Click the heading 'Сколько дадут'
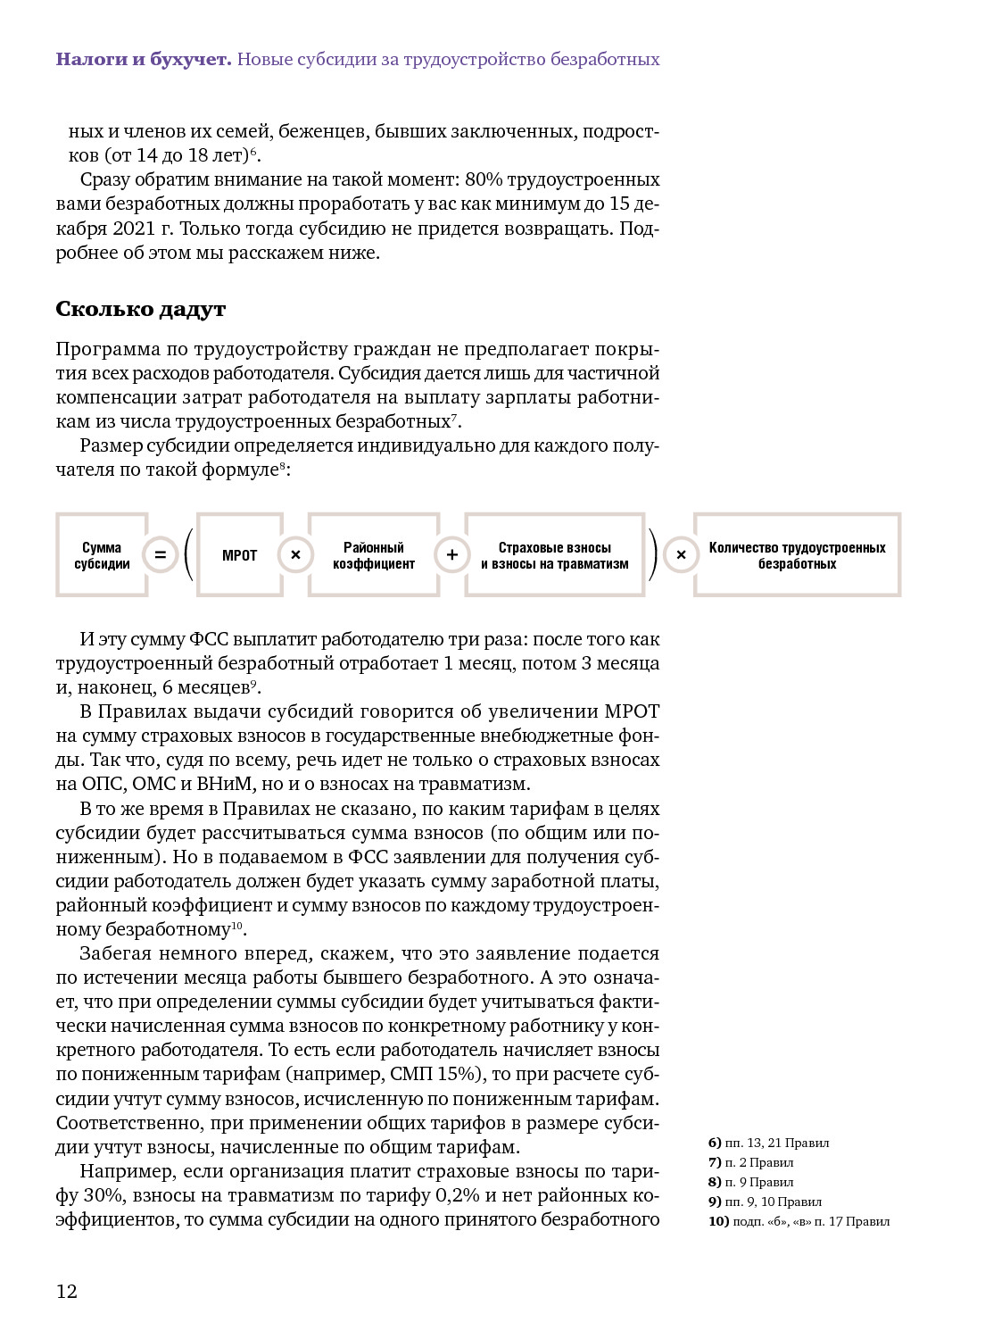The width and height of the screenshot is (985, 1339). click(140, 309)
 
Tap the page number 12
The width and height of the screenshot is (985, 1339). click(67, 1291)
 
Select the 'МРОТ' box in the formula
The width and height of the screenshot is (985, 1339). click(239, 555)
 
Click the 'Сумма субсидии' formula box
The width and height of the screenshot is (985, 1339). click(102, 555)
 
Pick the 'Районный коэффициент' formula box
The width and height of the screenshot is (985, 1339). click(373, 555)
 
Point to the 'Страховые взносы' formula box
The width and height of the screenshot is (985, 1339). click(554, 555)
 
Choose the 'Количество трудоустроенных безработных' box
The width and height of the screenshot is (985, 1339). click(797, 555)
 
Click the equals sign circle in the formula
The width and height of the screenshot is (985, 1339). click(161, 555)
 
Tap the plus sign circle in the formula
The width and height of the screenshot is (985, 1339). click(452, 555)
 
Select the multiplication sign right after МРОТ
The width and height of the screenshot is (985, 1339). click(296, 555)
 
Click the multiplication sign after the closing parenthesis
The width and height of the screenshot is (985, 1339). click(681, 555)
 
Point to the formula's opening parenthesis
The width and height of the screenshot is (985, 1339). click(187, 555)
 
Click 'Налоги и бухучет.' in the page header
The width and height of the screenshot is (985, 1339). click(143, 60)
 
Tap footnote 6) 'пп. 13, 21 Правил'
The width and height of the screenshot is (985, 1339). click(769, 1143)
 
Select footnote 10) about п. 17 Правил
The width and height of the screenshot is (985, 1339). click(799, 1221)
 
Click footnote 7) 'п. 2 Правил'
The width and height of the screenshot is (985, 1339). click(751, 1162)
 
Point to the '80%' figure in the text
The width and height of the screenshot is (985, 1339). click(484, 179)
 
